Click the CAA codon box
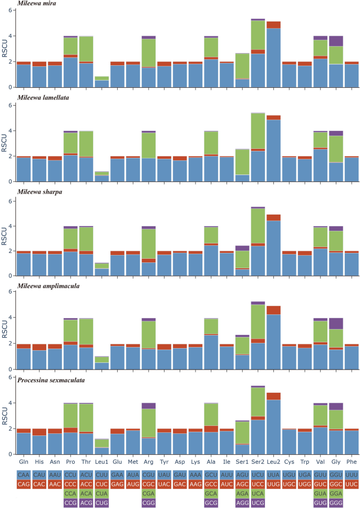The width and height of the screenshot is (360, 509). click(x=24, y=475)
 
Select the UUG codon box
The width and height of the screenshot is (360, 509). click(x=273, y=483)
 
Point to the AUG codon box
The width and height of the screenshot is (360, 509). click(x=133, y=483)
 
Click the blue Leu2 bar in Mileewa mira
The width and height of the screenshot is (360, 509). click(x=273, y=58)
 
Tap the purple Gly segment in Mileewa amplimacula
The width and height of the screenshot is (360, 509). click(x=335, y=323)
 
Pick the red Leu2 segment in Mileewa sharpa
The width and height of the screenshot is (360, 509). click(x=273, y=217)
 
